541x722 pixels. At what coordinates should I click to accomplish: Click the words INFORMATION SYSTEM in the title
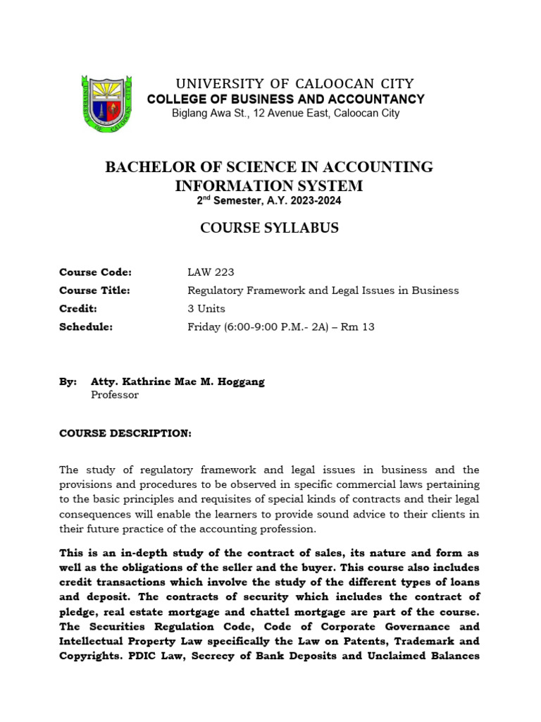[268, 185]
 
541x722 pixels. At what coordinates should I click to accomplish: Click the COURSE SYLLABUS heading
[269, 228]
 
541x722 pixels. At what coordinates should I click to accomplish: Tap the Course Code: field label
[96, 272]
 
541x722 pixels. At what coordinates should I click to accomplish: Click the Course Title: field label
[95, 290]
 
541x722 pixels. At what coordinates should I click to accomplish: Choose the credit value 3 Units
[206, 309]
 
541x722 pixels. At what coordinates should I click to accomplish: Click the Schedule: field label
[86, 327]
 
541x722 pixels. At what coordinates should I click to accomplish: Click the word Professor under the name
[115, 395]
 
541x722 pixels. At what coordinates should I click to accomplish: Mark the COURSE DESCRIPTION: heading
[125, 433]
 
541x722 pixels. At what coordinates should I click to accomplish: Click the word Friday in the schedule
[203, 327]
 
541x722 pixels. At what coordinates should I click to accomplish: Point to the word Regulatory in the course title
[213, 290]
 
